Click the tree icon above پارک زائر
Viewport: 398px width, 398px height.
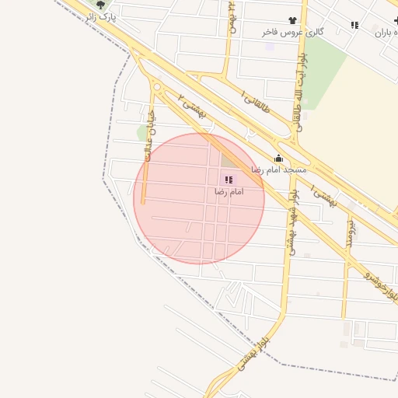(x=99, y=5)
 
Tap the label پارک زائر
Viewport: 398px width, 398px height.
(x=101, y=16)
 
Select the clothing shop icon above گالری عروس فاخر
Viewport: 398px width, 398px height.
(x=292, y=21)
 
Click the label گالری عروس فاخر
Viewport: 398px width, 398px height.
(x=292, y=33)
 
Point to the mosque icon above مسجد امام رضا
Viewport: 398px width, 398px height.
(x=278, y=159)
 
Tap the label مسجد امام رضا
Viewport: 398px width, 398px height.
(x=278, y=169)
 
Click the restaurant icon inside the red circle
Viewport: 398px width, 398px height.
(x=228, y=180)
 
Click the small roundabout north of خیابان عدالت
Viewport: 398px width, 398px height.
(x=157, y=87)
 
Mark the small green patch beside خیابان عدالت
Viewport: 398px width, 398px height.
(x=142, y=132)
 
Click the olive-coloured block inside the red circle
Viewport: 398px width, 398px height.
(x=231, y=160)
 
